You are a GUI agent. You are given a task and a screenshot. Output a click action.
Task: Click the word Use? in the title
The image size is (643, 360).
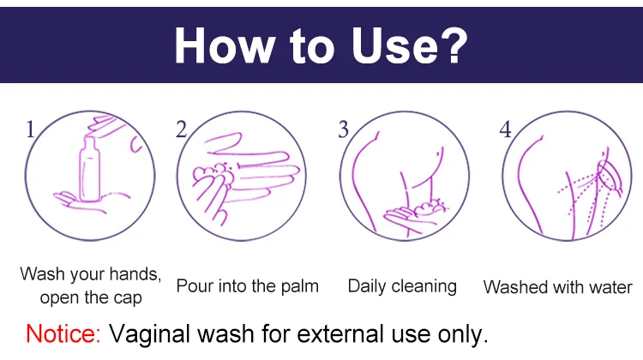coord(409,45)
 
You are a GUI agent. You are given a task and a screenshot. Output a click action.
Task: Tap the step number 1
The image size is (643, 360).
coord(30,129)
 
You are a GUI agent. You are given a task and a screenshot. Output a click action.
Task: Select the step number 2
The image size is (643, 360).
coord(181,129)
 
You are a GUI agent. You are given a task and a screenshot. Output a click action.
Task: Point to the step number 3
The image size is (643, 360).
coord(343,129)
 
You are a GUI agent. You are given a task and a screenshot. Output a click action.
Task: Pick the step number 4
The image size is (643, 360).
coord(505,129)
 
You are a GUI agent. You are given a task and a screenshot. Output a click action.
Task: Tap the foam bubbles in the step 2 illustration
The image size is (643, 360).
coord(213,175)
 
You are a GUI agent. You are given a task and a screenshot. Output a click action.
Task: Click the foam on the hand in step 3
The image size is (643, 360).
coord(430,208)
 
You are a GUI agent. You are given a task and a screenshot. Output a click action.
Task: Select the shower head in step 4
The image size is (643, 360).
coord(610,177)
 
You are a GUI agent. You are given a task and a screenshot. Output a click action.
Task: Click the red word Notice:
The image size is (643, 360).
coord(63,333)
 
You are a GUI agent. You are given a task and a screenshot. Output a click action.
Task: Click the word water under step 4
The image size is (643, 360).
coord(610,287)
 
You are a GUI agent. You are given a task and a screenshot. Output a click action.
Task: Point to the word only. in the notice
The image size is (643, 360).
coord(463,334)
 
